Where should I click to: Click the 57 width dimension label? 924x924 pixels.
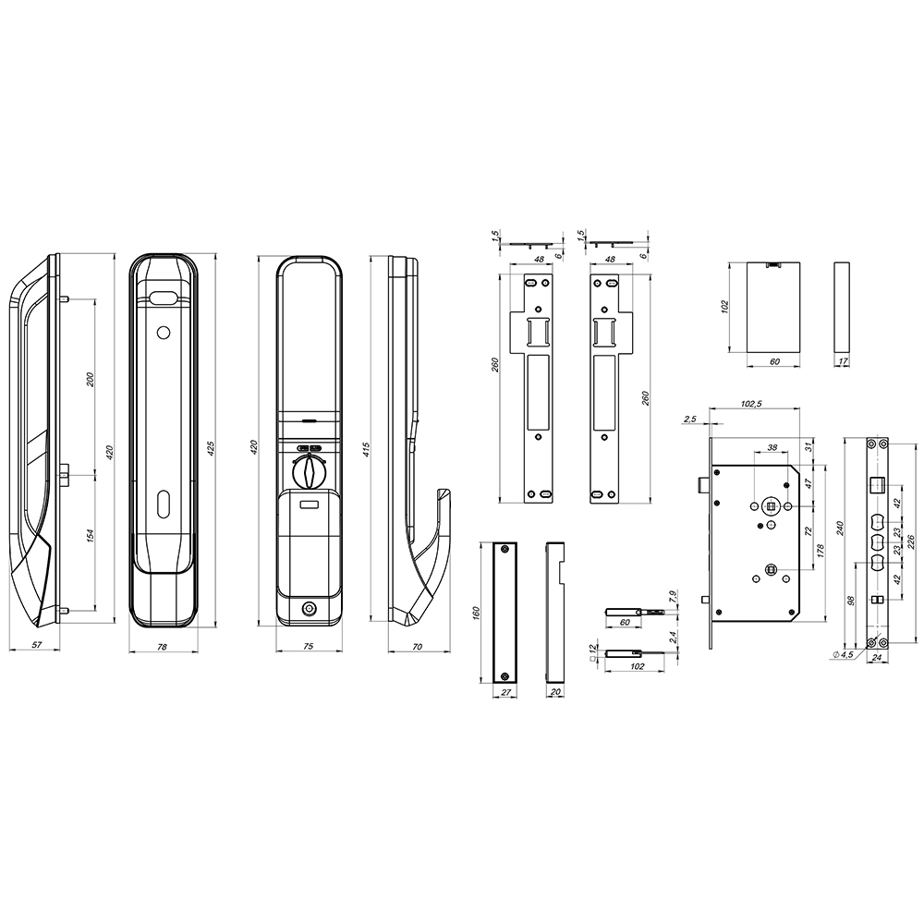pyautogui.click(x=37, y=645)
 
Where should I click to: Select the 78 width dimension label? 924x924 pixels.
pyautogui.click(x=163, y=647)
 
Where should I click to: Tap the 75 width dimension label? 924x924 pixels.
pyautogui.click(x=308, y=647)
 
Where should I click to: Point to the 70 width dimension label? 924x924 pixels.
pyautogui.click(x=417, y=647)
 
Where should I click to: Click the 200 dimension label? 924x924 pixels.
pyautogui.click(x=91, y=380)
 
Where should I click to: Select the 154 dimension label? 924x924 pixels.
pyautogui.click(x=91, y=536)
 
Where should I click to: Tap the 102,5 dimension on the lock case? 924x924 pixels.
pyautogui.click(x=750, y=404)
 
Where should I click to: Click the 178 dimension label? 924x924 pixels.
pyautogui.click(x=821, y=551)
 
